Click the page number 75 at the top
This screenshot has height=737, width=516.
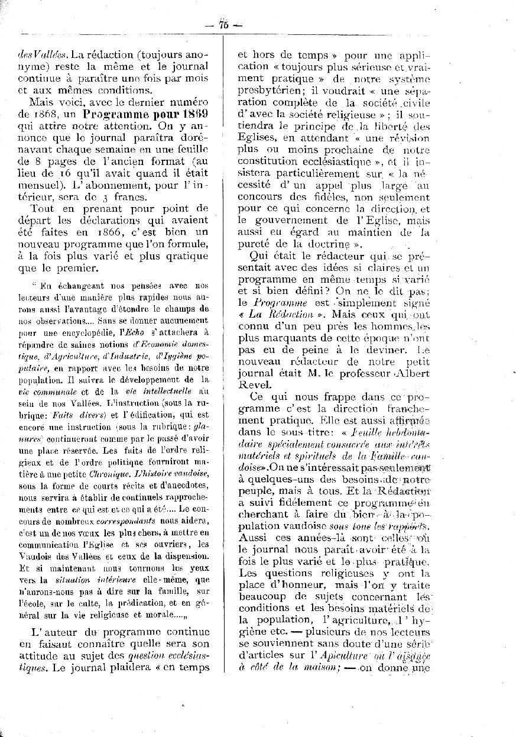(223, 24)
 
